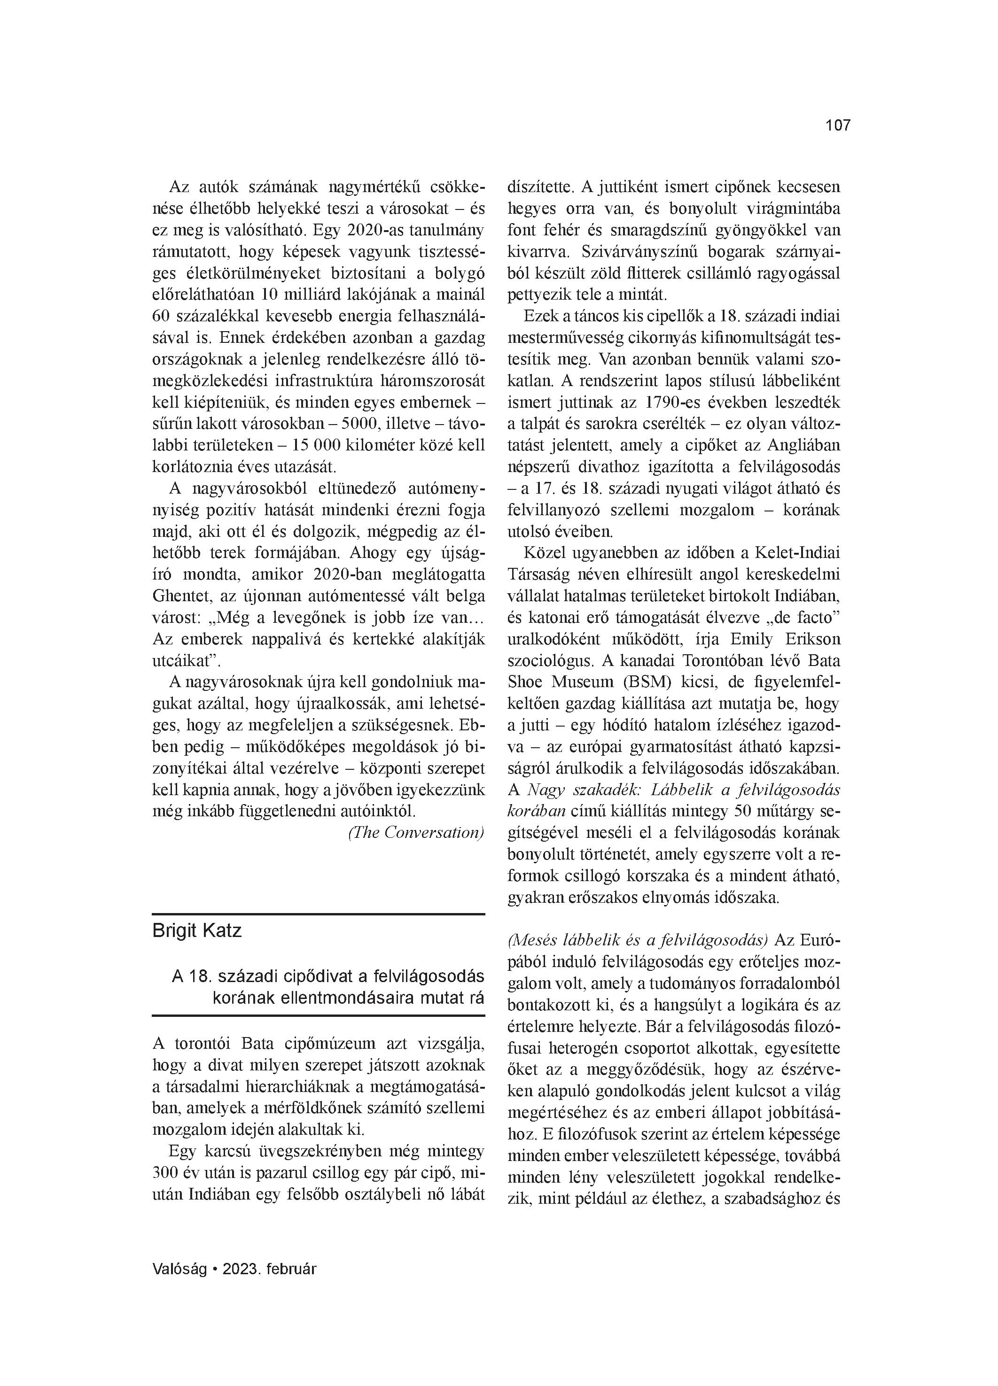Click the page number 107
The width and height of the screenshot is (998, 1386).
coord(838,126)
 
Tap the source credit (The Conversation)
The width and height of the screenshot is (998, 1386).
coord(416,832)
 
